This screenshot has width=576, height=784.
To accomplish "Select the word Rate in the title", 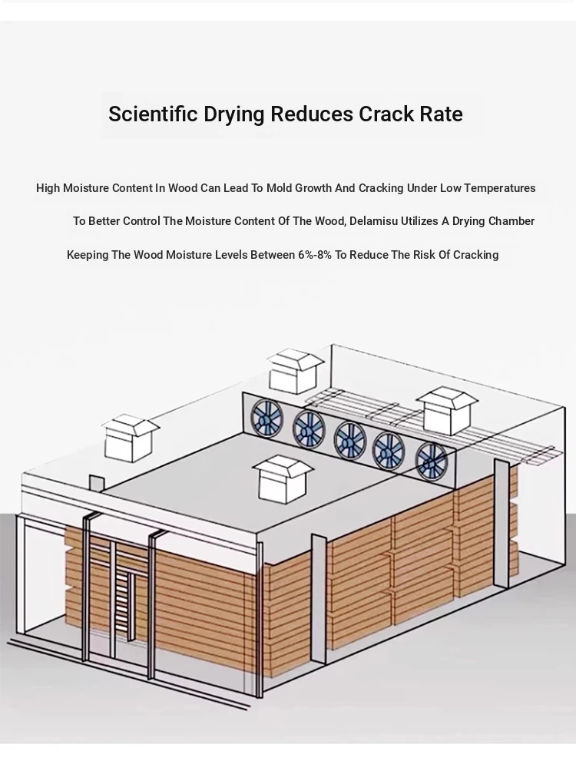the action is click(441, 114).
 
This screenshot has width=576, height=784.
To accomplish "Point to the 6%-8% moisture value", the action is click(315, 254).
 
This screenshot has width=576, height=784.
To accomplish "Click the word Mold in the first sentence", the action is click(279, 188).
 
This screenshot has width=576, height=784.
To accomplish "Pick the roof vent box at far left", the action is click(130, 438).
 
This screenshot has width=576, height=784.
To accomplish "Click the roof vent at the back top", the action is click(295, 371).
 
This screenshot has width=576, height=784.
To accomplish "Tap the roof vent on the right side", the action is click(447, 410).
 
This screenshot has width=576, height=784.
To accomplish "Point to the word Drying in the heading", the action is click(234, 114).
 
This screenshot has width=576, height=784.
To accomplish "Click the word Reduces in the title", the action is click(312, 114).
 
